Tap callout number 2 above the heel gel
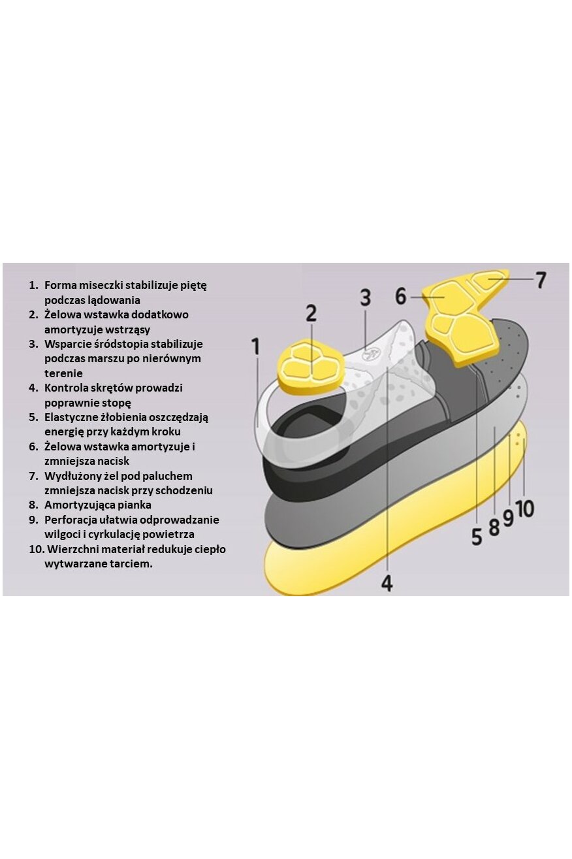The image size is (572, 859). (x=311, y=313)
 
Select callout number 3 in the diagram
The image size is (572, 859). (x=366, y=298)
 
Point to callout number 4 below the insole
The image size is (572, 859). (x=387, y=582)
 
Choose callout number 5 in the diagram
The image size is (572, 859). (x=477, y=536)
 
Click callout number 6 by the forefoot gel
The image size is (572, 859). (x=401, y=296)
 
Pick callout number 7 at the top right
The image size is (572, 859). (x=540, y=280)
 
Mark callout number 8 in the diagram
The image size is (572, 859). (x=494, y=526)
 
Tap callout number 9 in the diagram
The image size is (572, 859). (x=508, y=518)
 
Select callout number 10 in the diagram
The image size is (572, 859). (x=526, y=508)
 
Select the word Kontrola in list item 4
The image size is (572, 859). (x=67, y=388)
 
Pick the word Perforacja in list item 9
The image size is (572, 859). (x=71, y=520)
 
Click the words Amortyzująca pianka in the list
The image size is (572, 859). (x=98, y=505)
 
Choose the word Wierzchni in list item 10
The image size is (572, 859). (x=69, y=549)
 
